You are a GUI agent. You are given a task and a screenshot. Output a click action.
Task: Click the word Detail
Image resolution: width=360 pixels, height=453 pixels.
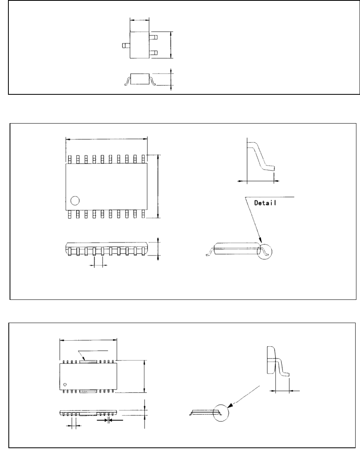click(267, 203)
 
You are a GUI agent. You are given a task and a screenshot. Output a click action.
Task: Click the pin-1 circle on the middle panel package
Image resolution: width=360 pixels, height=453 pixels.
click(74, 200)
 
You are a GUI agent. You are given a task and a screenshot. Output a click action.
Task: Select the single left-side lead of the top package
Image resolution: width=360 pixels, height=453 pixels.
click(126, 46)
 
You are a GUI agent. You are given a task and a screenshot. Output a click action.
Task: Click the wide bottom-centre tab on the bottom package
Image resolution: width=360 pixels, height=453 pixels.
click(88, 391)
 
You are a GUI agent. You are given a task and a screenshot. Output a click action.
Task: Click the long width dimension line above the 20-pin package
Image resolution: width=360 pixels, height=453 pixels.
click(106, 139)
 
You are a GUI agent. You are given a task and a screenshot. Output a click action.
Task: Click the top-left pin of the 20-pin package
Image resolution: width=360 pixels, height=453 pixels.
click(69, 159)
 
